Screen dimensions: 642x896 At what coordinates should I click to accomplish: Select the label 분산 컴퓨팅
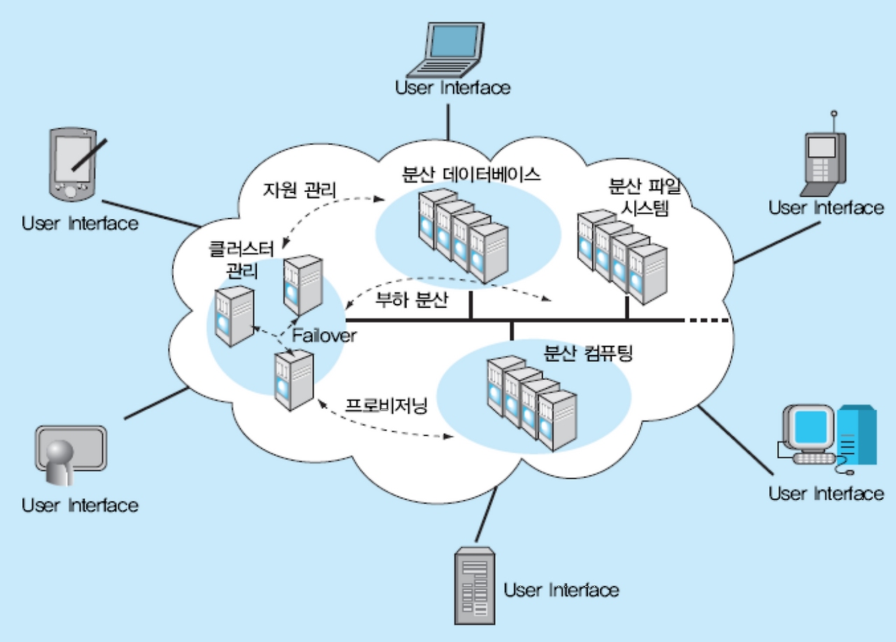point(589,354)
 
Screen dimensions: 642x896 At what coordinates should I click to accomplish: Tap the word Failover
point(324,335)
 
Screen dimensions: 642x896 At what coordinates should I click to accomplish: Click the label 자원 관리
point(300,189)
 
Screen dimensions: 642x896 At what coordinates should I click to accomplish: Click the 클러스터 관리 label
point(234,259)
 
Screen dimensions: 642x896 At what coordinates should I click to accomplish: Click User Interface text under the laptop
point(452,88)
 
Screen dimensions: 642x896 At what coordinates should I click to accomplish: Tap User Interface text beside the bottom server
point(561,589)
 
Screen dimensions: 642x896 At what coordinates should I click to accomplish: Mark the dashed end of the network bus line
point(708,320)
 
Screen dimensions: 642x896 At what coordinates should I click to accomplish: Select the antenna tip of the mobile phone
point(833,113)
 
